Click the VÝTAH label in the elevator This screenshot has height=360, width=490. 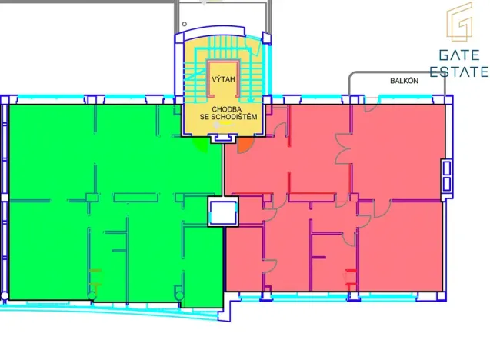coord(223,79)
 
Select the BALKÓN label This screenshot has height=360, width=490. coord(404,81)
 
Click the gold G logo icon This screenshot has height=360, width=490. coord(459,22)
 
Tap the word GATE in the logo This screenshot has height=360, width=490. coord(459,55)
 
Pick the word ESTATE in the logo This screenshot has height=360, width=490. coord(459,72)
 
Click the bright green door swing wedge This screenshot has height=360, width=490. coord(201,145)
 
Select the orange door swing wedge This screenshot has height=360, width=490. coord(245,145)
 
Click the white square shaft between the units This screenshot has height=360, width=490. coord(223,212)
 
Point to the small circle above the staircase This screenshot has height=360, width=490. coord(185,24)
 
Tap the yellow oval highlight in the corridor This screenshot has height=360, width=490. coord(227,123)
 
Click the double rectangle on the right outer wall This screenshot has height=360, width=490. coord(447,175)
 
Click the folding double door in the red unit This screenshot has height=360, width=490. coord(342,148)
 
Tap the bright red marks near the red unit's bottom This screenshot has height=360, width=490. coord(351,278)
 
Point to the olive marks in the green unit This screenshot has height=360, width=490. coord(95,278)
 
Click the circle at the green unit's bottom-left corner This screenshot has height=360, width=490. coord(5,296)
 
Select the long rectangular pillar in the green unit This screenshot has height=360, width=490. coord(135,198)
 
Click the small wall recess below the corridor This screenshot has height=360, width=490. coord(222,138)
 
